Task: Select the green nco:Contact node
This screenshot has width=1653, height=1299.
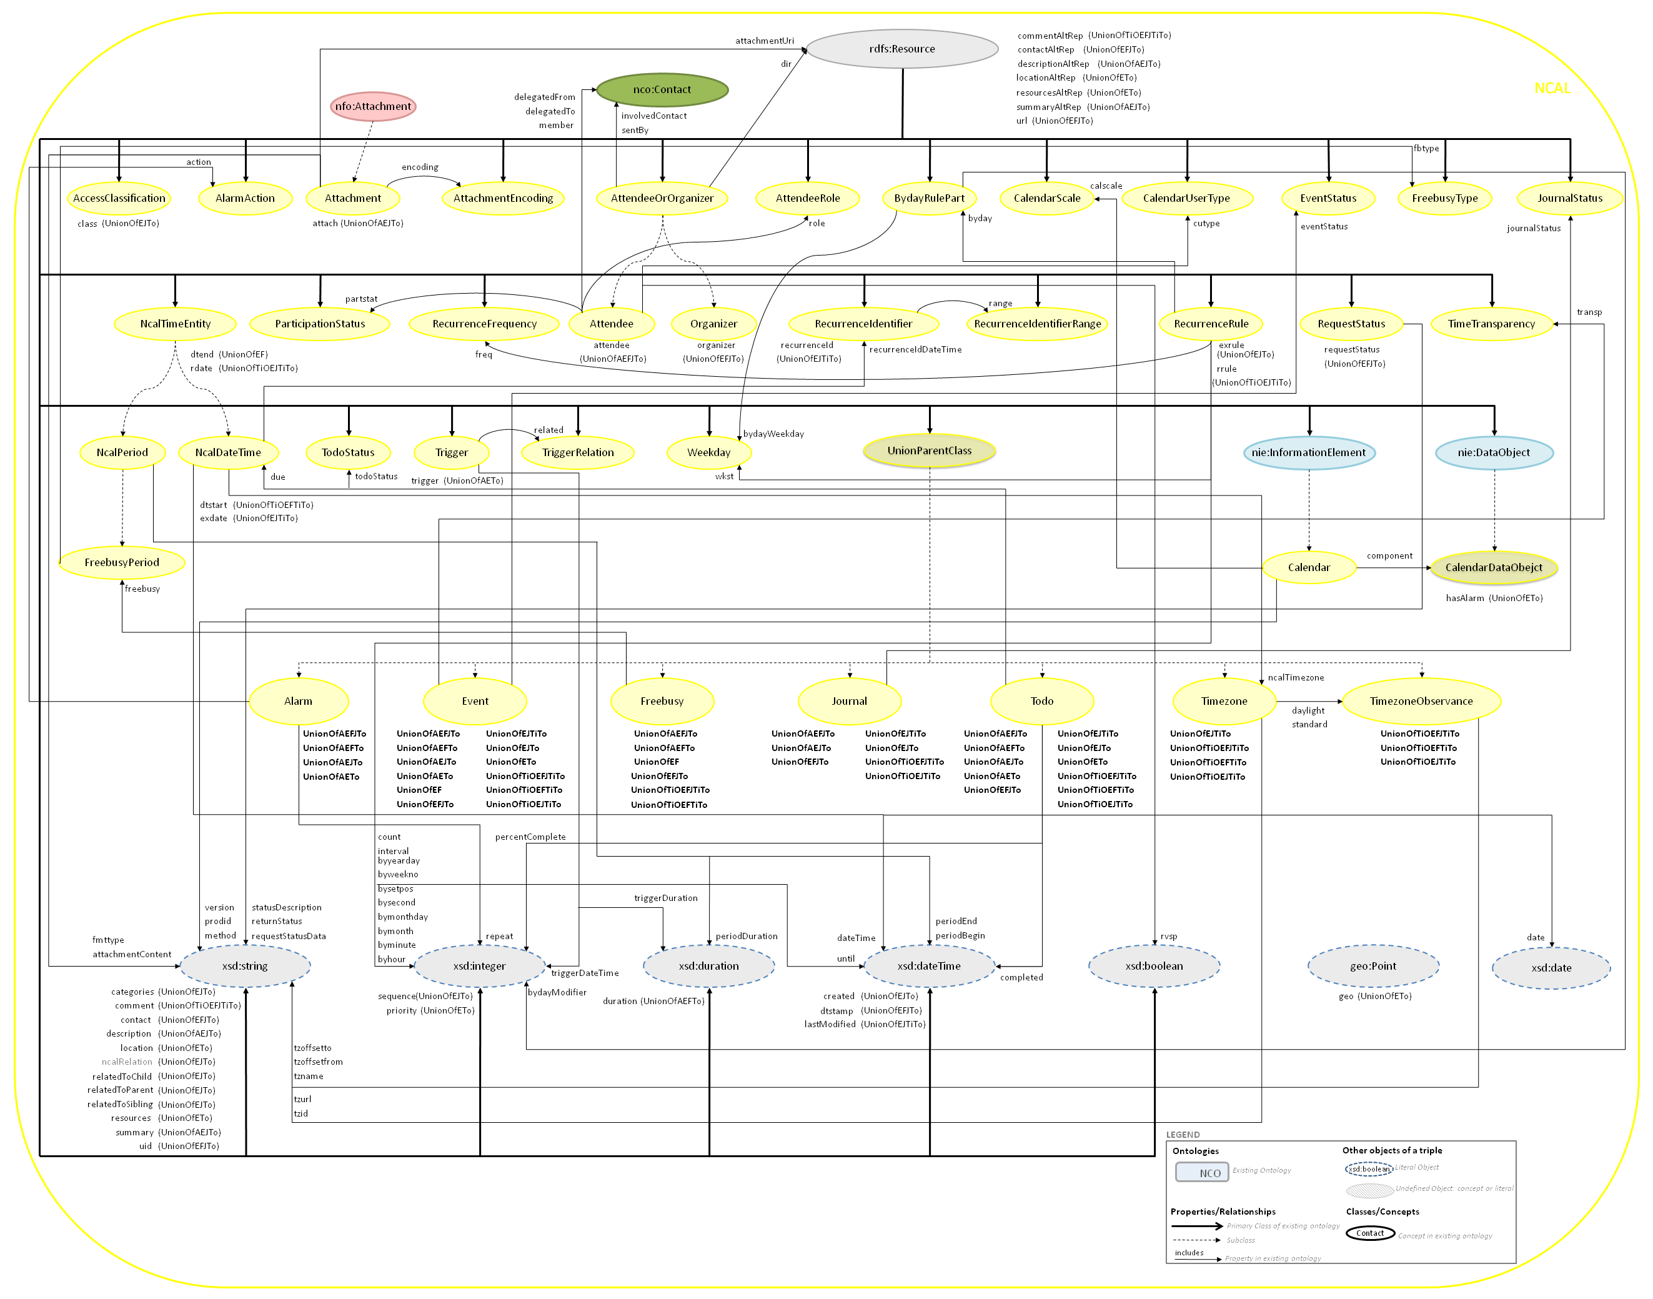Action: [x=662, y=90]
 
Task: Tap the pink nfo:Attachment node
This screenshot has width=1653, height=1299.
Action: [x=372, y=106]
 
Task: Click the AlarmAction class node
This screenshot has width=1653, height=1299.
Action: [x=245, y=199]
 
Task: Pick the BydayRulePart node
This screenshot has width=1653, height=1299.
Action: [x=929, y=199]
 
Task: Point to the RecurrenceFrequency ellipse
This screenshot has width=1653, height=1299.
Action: [x=484, y=324]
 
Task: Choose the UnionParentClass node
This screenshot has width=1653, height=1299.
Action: [x=929, y=451]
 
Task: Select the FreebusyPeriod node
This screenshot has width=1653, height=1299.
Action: [x=122, y=563]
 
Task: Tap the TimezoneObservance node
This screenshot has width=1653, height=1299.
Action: [x=1421, y=701]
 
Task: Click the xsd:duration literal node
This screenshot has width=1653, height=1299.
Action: [x=708, y=966]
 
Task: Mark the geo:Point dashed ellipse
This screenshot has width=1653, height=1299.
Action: [x=1373, y=966]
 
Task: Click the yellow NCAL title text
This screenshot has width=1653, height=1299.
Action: [x=1552, y=88]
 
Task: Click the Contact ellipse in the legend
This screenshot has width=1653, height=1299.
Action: [x=1370, y=1233]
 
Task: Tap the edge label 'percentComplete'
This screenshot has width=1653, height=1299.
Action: [x=530, y=837]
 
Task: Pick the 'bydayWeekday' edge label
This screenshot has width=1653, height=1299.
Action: [x=773, y=434]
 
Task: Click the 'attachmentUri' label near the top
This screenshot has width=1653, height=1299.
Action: [x=764, y=41]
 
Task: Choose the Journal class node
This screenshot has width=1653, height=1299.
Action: [x=850, y=701]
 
